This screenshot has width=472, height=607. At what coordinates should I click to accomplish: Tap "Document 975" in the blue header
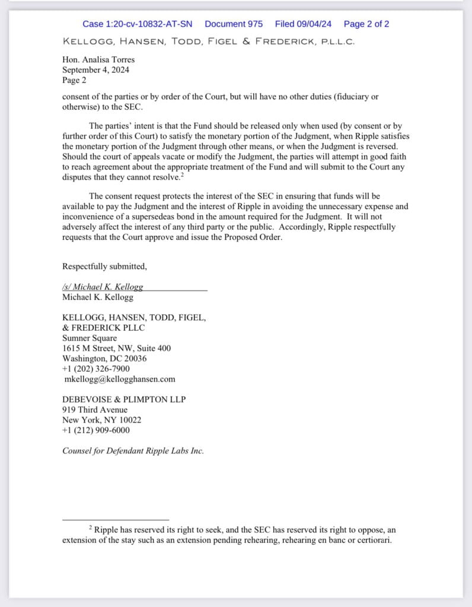234,24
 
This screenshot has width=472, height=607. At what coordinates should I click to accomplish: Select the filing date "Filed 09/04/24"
303,24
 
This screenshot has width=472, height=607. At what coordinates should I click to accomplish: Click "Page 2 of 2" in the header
366,24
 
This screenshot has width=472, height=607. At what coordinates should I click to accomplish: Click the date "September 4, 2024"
96,69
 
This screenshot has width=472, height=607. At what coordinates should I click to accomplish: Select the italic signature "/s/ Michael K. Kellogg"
103,286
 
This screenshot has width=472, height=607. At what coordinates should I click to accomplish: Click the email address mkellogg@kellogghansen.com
119,379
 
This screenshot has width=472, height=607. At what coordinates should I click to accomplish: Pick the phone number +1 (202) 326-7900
96,369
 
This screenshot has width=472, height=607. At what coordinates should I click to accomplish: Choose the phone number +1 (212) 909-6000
96,430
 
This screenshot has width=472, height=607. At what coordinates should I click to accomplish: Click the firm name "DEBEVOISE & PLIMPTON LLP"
123,400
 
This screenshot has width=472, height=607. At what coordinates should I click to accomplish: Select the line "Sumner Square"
90,338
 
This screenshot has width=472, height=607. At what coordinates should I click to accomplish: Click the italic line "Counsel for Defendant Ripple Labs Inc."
133,451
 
